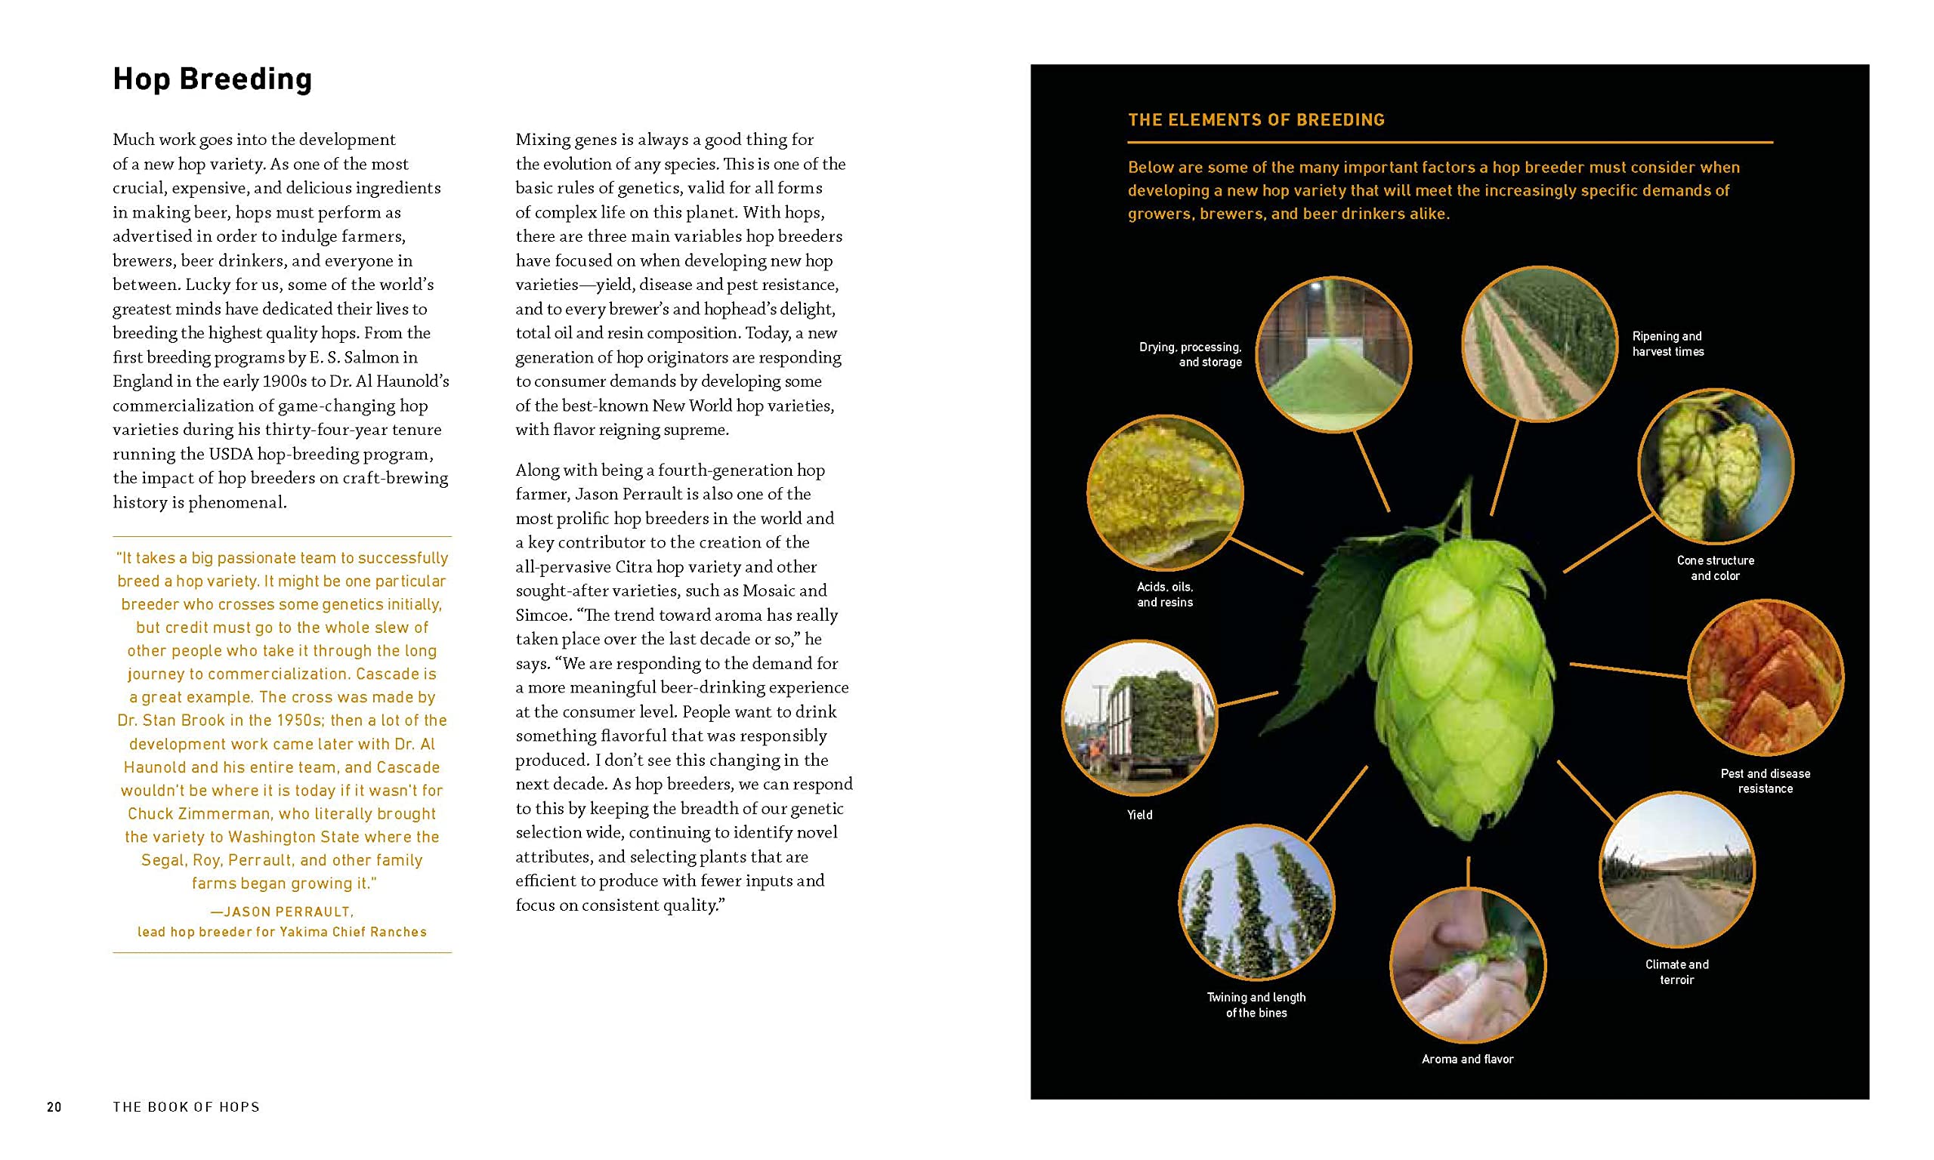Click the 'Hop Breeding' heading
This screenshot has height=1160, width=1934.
click(x=212, y=79)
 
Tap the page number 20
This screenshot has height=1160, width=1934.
click(x=54, y=1107)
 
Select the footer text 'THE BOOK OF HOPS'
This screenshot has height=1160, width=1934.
click(x=186, y=1107)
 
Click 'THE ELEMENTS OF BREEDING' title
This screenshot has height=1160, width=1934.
click(x=1256, y=119)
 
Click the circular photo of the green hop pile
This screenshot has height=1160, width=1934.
click(x=1333, y=354)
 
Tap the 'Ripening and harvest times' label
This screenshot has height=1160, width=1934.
click(x=1667, y=344)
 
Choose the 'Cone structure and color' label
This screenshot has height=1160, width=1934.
click(x=1715, y=568)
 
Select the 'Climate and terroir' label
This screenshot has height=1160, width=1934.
click(x=1677, y=972)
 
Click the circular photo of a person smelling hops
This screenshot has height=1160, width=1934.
click(x=1467, y=965)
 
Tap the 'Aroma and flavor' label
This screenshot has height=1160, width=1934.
click(x=1467, y=1059)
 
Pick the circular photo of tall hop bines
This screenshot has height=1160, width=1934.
click(x=1256, y=902)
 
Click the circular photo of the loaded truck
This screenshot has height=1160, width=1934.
click(x=1139, y=717)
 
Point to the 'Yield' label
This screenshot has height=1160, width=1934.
click(x=1139, y=815)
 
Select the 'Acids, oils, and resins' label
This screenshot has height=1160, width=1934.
click(x=1165, y=594)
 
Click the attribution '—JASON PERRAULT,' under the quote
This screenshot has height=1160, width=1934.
click(x=282, y=912)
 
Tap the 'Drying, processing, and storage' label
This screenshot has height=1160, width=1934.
click(x=1191, y=354)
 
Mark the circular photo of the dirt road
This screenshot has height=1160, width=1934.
click(x=1677, y=869)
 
